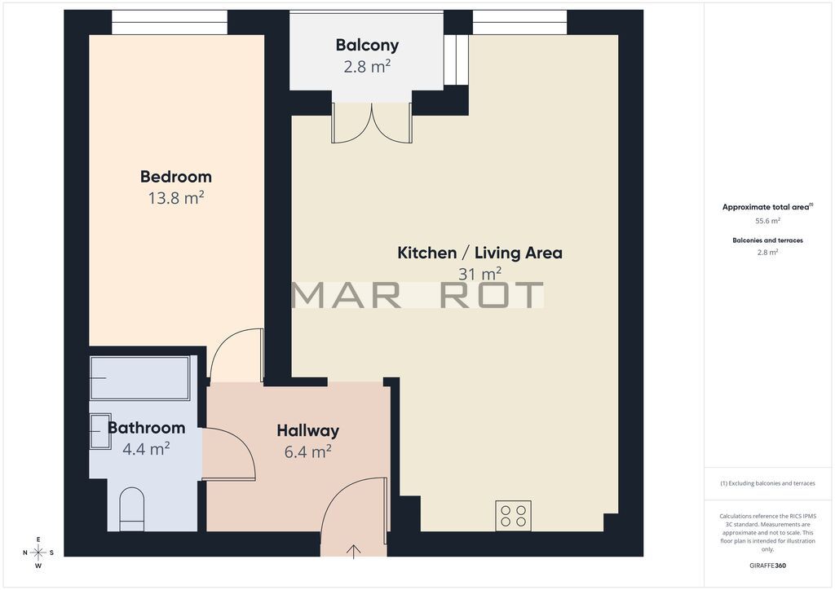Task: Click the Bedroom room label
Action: [x=176, y=177]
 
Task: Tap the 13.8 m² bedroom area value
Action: [x=176, y=198]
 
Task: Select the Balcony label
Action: [x=367, y=46]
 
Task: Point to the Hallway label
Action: [x=307, y=430]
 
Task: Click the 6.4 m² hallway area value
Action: [x=307, y=451]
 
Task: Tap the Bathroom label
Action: [x=147, y=428]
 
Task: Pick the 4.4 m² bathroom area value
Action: [x=147, y=449]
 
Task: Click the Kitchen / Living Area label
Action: [x=479, y=253]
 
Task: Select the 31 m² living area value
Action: [x=479, y=274]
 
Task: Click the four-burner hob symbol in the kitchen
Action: [x=514, y=516]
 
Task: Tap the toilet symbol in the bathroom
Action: [x=131, y=509]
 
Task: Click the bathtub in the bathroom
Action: [x=140, y=378]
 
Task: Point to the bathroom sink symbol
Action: [x=100, y=431]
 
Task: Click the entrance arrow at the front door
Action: [x=354, y=551]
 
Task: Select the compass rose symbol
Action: [x=38, y=553]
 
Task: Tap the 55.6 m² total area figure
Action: [x=767, y=220]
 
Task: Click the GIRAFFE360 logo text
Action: [x=767, y=566]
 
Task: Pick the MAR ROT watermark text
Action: [x=418, y=295]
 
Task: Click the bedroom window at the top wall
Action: [x=170, y=22]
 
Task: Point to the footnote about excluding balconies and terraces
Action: [x=767, y=483]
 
